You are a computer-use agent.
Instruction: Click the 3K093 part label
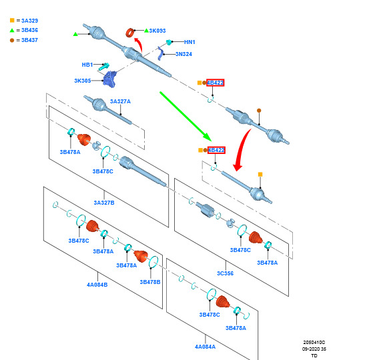(x=157, y=31)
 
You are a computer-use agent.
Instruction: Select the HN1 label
(x=190, y=42)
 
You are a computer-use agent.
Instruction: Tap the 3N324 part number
(x=184, y=54)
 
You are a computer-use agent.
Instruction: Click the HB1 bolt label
(x=87, y=65)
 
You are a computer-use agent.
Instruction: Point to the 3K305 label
(x=83, y=81)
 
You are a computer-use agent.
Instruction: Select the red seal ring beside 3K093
(x=129, y=33)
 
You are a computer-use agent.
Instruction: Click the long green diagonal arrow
(x=186, y=117)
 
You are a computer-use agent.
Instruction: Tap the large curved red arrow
(x=241, y=150)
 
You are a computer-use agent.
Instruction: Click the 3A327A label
(x=120, y=101)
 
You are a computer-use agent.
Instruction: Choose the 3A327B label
(x=104, y=203)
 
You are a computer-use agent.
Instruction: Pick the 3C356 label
(x=225, y=273)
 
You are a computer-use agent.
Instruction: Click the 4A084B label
(x=97, y=285)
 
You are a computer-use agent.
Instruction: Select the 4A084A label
(x=206, y=347)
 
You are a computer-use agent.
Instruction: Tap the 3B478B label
(x=150, y=282)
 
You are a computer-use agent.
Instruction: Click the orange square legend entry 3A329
(x=24, y=21)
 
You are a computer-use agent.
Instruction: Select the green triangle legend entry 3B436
(x=24, y=30)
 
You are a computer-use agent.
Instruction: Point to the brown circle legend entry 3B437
(x=24, y=40)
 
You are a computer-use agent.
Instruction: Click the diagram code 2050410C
(x=314, y=343)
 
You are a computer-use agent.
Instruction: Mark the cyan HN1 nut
(x=169, y=42)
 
